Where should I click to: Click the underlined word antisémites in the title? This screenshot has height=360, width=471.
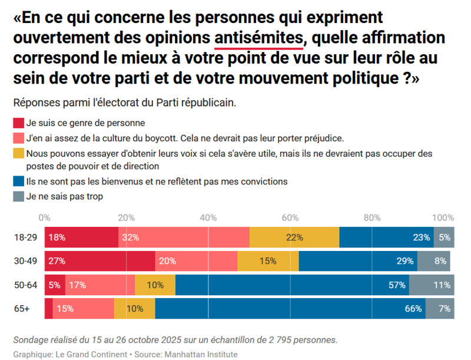coord(258,38)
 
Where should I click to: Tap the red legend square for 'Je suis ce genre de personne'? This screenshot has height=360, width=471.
coord(18,123)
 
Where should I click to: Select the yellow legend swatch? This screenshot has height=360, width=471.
coord(18,153)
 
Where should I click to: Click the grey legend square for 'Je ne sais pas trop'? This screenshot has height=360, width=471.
coord(18,197)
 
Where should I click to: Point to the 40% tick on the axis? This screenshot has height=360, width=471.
coord(208,217)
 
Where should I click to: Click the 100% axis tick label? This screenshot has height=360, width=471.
coord(443,217)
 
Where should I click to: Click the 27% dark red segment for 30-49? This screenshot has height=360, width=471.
coord(99,261)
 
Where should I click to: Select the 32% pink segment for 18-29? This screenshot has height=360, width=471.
coord(184,237)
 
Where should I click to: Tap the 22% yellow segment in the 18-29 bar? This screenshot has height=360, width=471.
coord(294,237)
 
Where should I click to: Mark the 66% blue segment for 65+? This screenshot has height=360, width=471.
coord(290,308)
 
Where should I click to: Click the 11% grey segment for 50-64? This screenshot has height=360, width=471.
coord(432,285)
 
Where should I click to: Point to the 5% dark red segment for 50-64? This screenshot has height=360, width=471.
coord(55,285)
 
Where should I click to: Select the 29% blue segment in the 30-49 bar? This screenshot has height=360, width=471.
coord(358,261)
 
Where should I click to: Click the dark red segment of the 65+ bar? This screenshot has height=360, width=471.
coord(48,308)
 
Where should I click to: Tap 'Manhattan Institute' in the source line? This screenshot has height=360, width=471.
coord(202,354)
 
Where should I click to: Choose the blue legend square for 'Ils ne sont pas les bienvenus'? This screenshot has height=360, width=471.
coord(18,182)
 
